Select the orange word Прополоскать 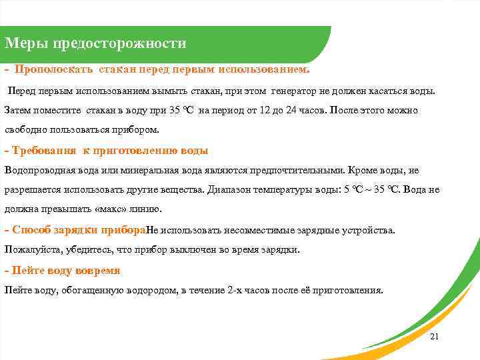tap(54, 69)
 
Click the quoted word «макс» tap(112, 209)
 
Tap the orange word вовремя tap(97, 271)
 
